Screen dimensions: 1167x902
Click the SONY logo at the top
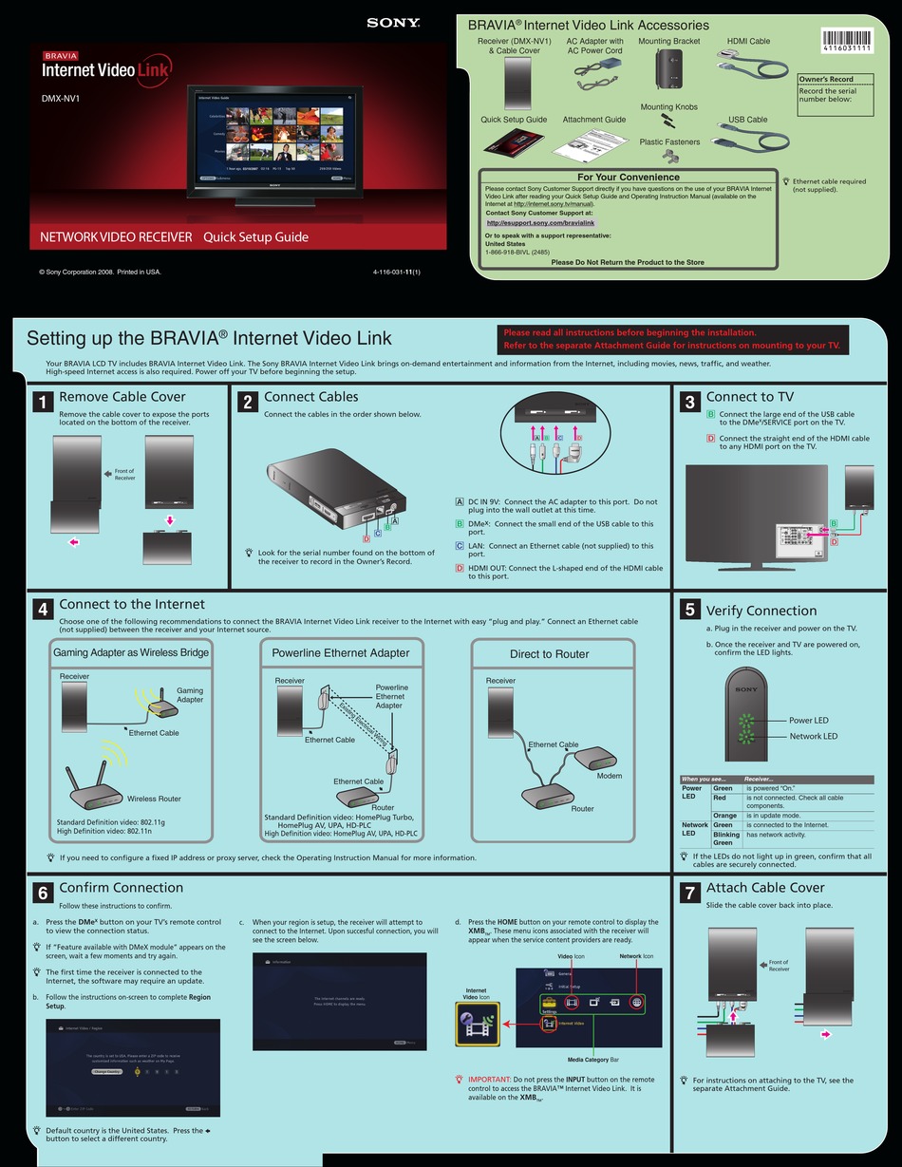[x=393, y=24]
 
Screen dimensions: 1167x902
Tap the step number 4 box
[x=42, y=611]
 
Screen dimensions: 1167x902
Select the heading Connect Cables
[x=311, y=397]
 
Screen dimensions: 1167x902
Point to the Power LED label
[x=809, y=721]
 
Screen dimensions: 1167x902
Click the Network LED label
[x=813, y=736]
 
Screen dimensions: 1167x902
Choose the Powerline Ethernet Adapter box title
[x=341, y=653]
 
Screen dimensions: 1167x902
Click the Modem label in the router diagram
[x=609, y=776]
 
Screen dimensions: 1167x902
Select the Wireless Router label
[x=154, y=799]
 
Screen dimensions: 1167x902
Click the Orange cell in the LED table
[x=725, y=816]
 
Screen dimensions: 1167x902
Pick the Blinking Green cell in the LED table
[x=725, y=838]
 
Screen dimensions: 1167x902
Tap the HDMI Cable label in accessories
[x=748, y=42]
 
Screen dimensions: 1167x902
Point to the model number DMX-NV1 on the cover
[x=60, y=97]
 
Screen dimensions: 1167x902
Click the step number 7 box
[x=690, y=894]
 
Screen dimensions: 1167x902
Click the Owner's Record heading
[x=826, y=80]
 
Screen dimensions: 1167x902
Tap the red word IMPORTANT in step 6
[x=489, y=1080]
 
